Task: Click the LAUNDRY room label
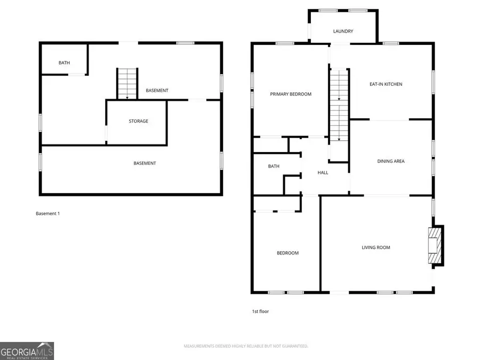(x=343, y=31)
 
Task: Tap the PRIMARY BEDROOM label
(x=291, y=94)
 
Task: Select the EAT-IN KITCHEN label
(x=386, y=84)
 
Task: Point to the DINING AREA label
(x=390, y=161)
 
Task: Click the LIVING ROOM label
(x=375, y=247)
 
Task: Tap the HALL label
(x=323, y=173)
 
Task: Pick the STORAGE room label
(x=138, y=121)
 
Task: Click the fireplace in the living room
(x=436, y=245)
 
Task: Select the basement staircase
(x=127, y=84)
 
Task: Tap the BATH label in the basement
(x=65, y=63)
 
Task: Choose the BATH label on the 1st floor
(x=274, y=166)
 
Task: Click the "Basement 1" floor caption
(x=48, y=214)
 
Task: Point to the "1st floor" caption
(x=260, y=311)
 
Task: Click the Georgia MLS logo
(x=27, y=351)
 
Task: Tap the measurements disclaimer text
(x=246, y=346)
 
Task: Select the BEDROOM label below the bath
(x=287, y=253)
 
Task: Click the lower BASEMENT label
(x=145, y=164)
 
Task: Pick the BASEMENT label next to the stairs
(x=157, y=91)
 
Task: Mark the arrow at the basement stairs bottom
(x=127, y=97)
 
